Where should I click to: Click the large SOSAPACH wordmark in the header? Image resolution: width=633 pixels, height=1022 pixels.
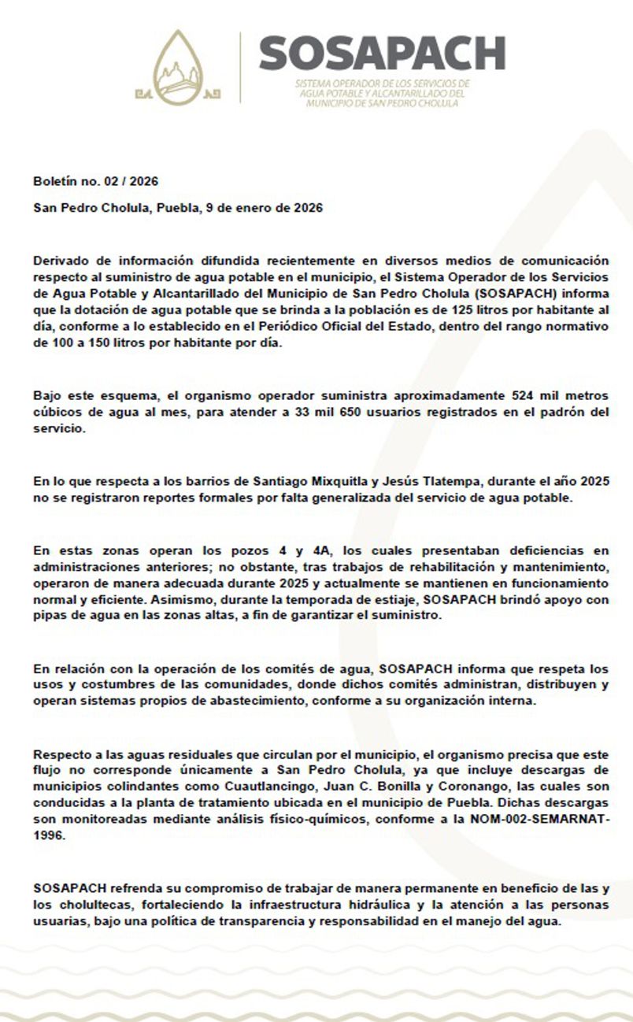[x=382, y=54]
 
